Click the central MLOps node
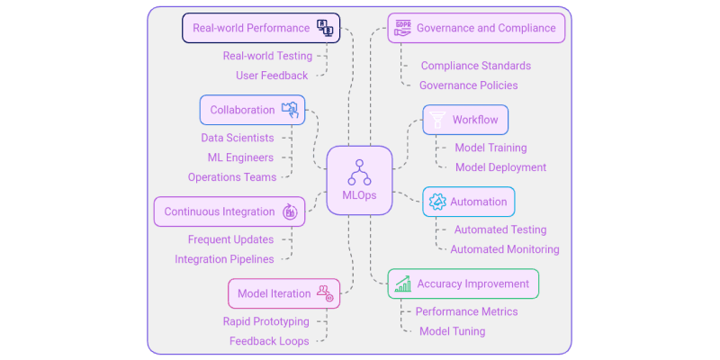[x=359, y=180]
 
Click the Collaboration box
[x=252, y=110]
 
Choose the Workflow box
[x=466, y=120]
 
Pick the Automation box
[x=469, y=202]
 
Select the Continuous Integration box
[x=230, y=211]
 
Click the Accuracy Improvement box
[x=463, y=283]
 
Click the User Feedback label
[x=272, y=76]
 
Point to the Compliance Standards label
[x=475, y=66]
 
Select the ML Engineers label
[x=240, y=157]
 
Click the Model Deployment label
[x=500, y=167]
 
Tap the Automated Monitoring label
[x=504, y=249]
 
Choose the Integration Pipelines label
[x=224, y=259]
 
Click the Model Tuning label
[x=452, y=331]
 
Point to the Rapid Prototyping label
[x=265, y=321]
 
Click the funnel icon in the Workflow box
[x=437, y=120]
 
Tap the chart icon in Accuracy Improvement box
[x=402, y=284]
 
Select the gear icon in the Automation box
[x=437, y=202]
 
